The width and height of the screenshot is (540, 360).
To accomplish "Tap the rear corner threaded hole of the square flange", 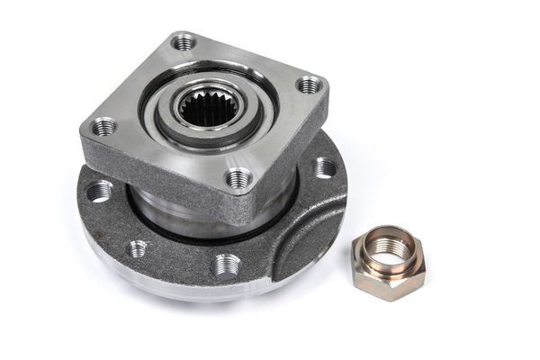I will click(x=184, y=41).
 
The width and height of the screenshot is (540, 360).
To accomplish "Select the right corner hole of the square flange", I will click(x=309, y=85).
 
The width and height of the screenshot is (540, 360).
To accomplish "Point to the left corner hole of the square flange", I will click(x=103, y=126).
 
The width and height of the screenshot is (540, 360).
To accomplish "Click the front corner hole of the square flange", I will click(x=238, y=178).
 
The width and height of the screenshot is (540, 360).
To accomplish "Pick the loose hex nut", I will click(x=388, y=262).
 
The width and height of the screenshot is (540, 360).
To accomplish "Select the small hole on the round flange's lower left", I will click(x=138, y=247).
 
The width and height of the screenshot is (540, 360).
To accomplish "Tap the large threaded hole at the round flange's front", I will click(x=227, y=265).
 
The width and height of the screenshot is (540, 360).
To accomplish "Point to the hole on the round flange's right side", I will click(x=324, y=167).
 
